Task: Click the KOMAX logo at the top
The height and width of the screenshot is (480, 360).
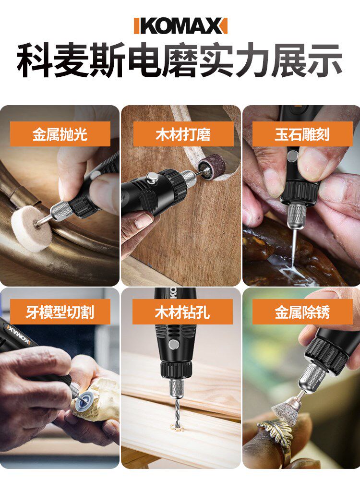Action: [x=180, y=26]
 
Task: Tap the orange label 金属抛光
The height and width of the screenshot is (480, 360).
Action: [x=60, y=134]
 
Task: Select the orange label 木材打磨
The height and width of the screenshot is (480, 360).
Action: [x=183, y=134]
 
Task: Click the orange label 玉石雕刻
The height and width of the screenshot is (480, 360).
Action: [x=302, y=134]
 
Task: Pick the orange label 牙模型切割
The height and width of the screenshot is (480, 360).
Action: [x=60, y=312]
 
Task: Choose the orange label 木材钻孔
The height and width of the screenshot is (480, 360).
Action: [x=182, y=312]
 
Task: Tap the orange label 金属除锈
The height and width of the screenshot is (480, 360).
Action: [x=302, y=312]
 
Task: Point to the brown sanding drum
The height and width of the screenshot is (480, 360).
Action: [x=212, y=168]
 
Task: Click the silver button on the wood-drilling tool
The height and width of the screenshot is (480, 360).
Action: [x=174, y=344]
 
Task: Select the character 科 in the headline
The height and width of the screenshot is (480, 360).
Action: [x=35, y=60]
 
